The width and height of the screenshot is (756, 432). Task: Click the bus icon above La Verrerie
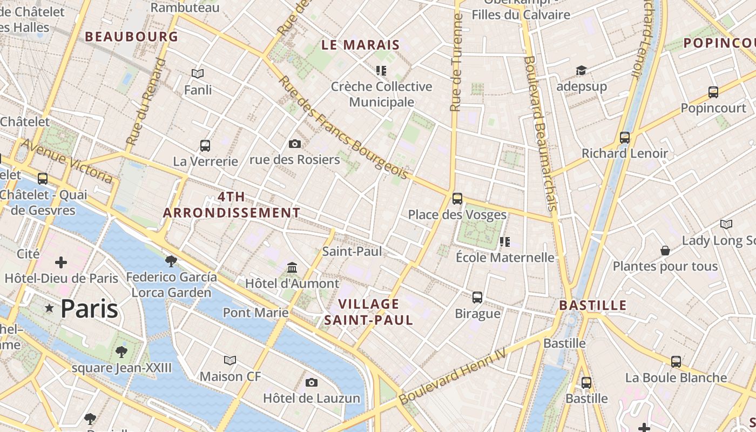pos(205,145)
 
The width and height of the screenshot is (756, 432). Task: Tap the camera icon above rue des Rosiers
pos(294,144)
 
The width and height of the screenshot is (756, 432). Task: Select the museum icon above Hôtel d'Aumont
pos(292,267)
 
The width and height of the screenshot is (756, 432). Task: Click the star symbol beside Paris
pos(50,308)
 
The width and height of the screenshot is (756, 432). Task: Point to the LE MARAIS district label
pos(360,45)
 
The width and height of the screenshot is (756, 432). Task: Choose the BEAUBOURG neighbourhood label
pos(131,37)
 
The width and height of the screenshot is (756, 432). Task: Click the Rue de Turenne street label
pos(456,62)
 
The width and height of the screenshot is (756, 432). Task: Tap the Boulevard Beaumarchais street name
pos(540,133)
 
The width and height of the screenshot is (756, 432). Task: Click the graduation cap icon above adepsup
pos(581,71)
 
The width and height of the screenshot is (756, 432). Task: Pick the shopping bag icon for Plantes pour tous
pos(665,251)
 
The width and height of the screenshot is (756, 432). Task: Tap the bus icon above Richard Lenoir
pos(625,138)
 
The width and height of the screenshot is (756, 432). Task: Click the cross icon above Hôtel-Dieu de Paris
pos(61,263)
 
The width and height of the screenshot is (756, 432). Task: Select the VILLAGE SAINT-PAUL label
pos(369,312)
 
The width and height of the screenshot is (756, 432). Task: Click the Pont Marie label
pos(255,313)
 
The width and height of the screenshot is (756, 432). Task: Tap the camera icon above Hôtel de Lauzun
pos(311,383)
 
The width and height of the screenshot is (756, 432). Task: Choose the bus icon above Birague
pos(477,297)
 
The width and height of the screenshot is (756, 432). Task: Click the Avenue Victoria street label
pos(67,161)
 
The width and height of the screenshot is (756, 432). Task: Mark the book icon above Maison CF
pos(230,360)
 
